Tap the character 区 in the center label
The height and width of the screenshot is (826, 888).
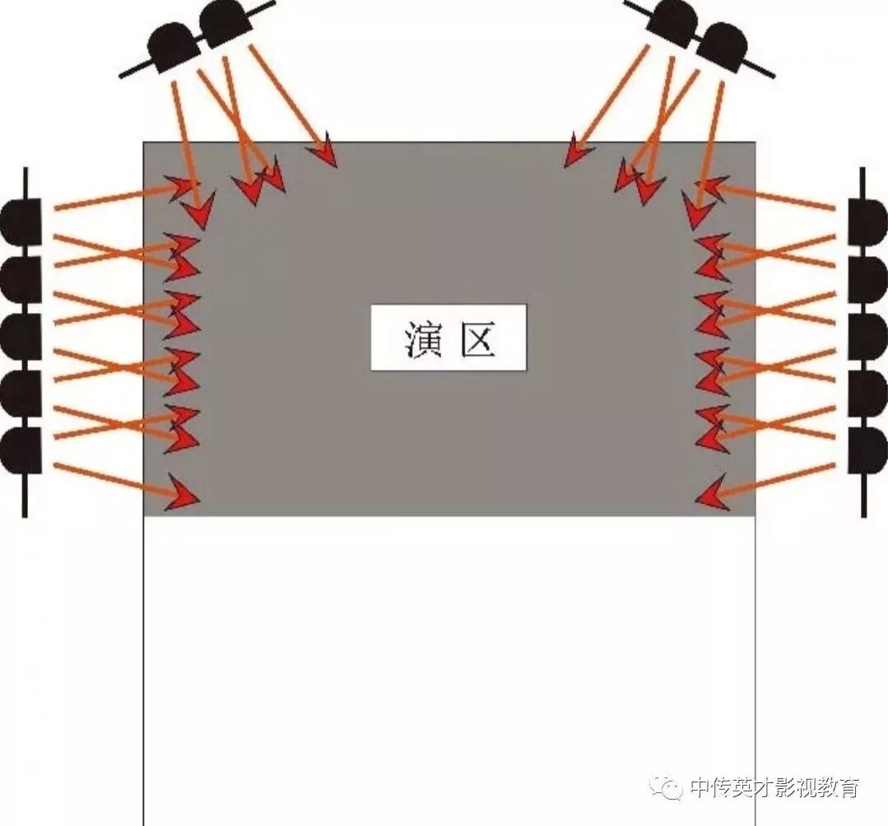click(477, 338)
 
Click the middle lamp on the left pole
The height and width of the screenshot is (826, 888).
click(20, 336)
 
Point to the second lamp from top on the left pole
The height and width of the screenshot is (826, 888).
click(20, 279)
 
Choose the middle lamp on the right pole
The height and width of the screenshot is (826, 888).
click(868, 336)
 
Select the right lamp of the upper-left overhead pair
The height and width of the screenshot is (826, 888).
click(224, 22)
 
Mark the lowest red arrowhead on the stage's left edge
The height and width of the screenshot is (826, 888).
click(184, 492)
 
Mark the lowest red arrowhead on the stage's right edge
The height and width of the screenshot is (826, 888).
click(713, 492)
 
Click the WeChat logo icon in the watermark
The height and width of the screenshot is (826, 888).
click(666, 788)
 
